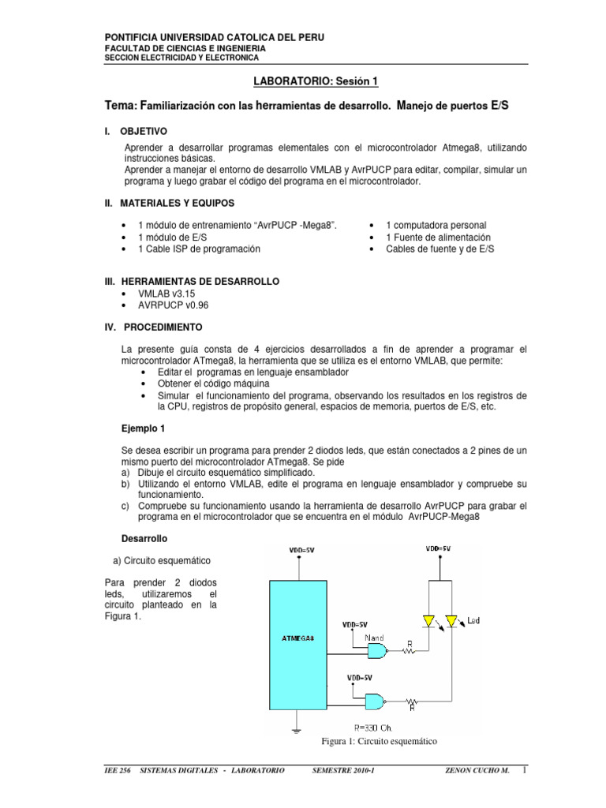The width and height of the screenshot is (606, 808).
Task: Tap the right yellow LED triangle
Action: click(x=452, y=619)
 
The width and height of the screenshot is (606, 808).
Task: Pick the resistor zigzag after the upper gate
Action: click(x=410, y=651)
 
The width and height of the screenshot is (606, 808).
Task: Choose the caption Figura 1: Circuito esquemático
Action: click(x=378, y=742)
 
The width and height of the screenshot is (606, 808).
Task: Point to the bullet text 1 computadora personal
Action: click(x=436, y=225)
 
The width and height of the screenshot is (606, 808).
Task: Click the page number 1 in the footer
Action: click(x=524, y=769)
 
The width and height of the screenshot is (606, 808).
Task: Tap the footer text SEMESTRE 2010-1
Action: click(x=342, y=770)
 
